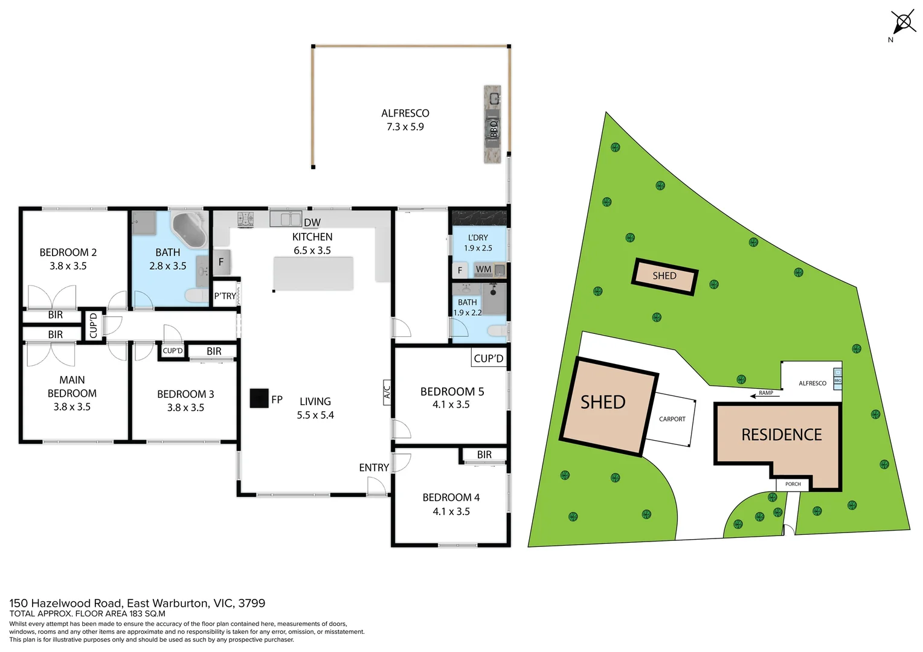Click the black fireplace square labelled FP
[259, 398]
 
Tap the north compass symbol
[903, 24]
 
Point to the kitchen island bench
[313, 273]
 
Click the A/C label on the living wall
[387, 392]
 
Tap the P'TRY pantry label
[225, 296]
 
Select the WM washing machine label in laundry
[483, 269]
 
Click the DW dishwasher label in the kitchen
[312, 223]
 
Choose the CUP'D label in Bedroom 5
[488, 359]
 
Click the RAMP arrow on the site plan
[765, 394]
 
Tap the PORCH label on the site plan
[793, 484]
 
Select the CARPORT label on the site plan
[672, 419]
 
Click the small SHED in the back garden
[664, 276]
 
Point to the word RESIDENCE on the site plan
[781, 435]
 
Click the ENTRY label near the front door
[373, 468]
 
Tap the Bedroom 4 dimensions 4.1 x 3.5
[451, 511]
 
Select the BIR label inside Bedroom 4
[484, 455]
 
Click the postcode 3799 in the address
[251, 603]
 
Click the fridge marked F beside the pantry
[221, 262]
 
